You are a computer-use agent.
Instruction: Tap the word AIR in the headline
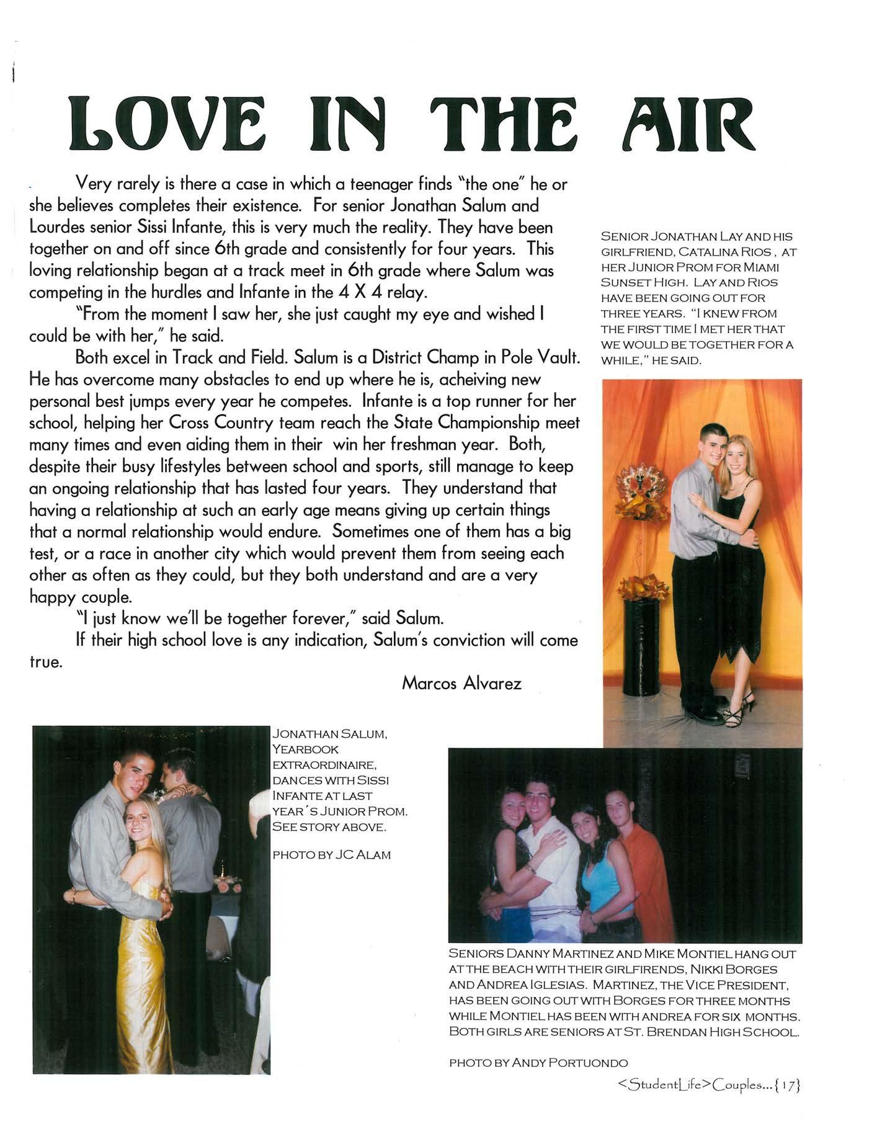pos(688,122)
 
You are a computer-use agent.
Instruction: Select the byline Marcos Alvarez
pos(461,683)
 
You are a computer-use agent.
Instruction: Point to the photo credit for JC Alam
pos(331,855)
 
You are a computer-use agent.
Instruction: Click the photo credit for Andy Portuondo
pos(538,1063)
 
